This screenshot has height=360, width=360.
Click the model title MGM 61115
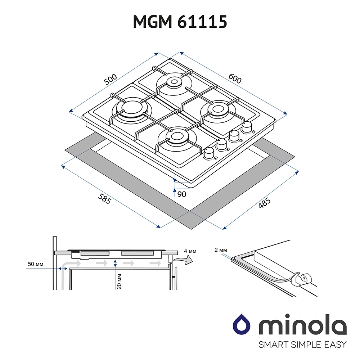coord(180,22)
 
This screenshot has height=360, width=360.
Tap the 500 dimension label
coord(111,80)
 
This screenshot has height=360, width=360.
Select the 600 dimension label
coord(235,78)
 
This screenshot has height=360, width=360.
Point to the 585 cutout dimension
coord(104,199)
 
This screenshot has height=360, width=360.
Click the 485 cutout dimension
coord(265,203)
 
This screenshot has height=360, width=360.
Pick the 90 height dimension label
coord(181,194)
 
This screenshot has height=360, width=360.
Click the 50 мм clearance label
coord(36,264)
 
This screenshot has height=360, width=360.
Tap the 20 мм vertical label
coord(119,281)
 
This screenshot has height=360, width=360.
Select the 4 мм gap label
coord(190,251)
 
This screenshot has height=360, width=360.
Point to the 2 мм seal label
coord(221,250)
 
